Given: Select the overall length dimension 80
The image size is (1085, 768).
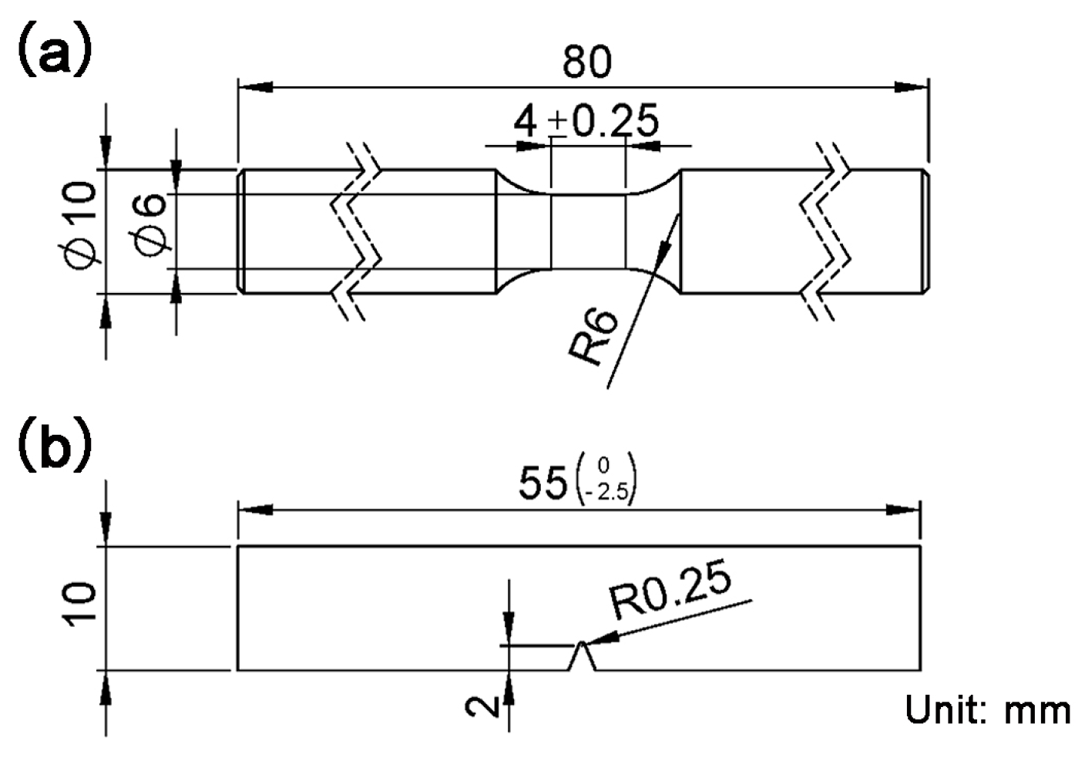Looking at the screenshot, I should click(x=586, y=62).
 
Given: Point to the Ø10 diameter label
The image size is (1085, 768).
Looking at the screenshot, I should click(x=82, y=225).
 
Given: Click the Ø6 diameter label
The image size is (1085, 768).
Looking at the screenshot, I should click(x=149, y=225).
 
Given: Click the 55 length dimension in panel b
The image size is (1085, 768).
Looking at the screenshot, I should click(x=542, y=484).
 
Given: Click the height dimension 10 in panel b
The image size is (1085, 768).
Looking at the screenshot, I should click(x=81, y=606).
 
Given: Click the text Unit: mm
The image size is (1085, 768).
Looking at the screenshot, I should click(x=987, y=709).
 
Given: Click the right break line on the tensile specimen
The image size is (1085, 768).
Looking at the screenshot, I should click(x=825, y=231).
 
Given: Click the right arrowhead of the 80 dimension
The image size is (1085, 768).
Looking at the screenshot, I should click(x=914, y=88).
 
